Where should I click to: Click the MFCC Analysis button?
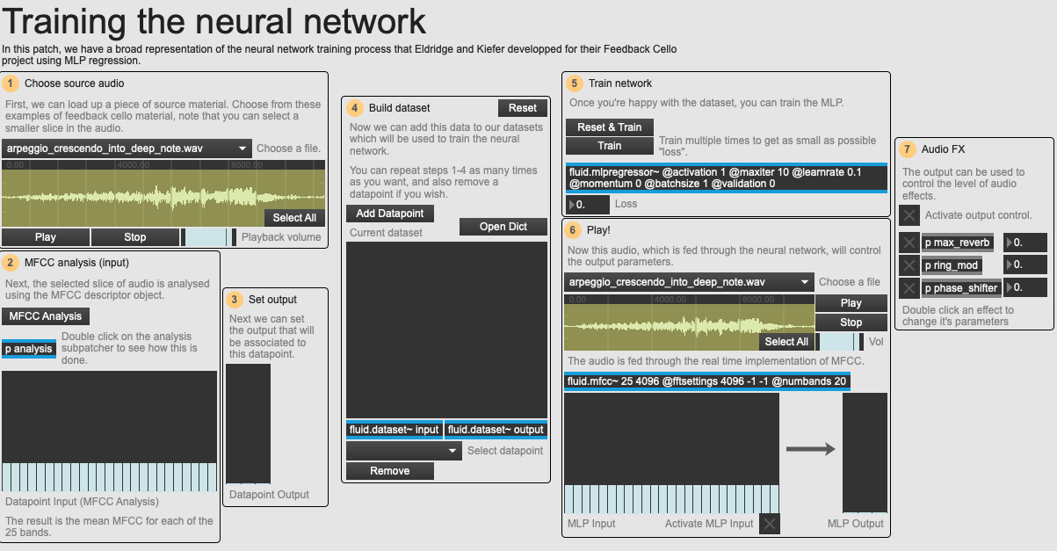click(46, 315)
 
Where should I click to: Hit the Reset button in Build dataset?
click(523, 107)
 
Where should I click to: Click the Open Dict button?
click(503, 227)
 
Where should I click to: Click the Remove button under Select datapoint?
click(390, 471)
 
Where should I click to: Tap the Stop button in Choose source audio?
click(135, 237)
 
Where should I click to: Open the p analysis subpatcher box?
click(29, 349)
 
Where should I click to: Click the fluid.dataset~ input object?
click(394, 430)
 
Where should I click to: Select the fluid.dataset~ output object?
click(496, 430)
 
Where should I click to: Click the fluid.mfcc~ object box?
click(707, 381)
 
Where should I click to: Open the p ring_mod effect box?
click(952, 265)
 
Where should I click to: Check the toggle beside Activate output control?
click(909, 215)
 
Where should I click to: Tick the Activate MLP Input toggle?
click(769, 524)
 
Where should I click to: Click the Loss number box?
click(588, 205)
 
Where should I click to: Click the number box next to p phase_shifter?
click(1024, 287)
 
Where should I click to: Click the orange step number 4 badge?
click(354, 108)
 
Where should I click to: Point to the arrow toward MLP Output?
click(810, 449)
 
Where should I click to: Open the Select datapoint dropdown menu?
click(404, 451)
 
